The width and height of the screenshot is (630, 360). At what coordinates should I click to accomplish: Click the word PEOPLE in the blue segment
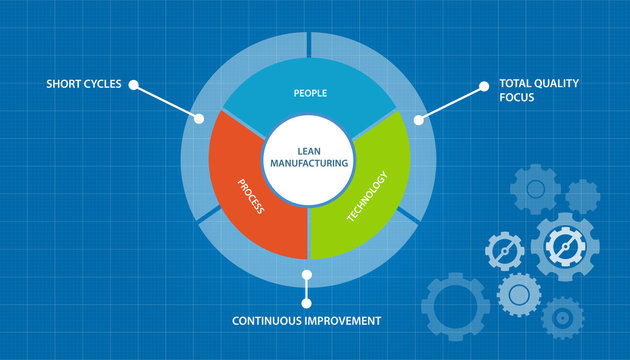(x=310, y=93)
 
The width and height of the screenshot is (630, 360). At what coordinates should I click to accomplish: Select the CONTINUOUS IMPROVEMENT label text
(x=306, y=321)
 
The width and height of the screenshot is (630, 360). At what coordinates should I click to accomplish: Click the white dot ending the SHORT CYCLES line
(x=199, y=118)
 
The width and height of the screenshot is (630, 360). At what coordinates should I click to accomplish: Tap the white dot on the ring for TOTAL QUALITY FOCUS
(x=418, y=119)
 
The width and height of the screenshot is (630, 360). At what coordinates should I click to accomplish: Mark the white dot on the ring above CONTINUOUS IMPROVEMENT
(x=307, y=273)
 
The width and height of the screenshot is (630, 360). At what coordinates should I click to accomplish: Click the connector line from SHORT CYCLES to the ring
(x=166, y=101)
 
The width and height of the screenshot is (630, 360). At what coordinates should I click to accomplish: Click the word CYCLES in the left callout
(x=101, y=84)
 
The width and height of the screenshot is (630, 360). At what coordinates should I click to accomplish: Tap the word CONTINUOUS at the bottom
(x=262, y=321)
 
